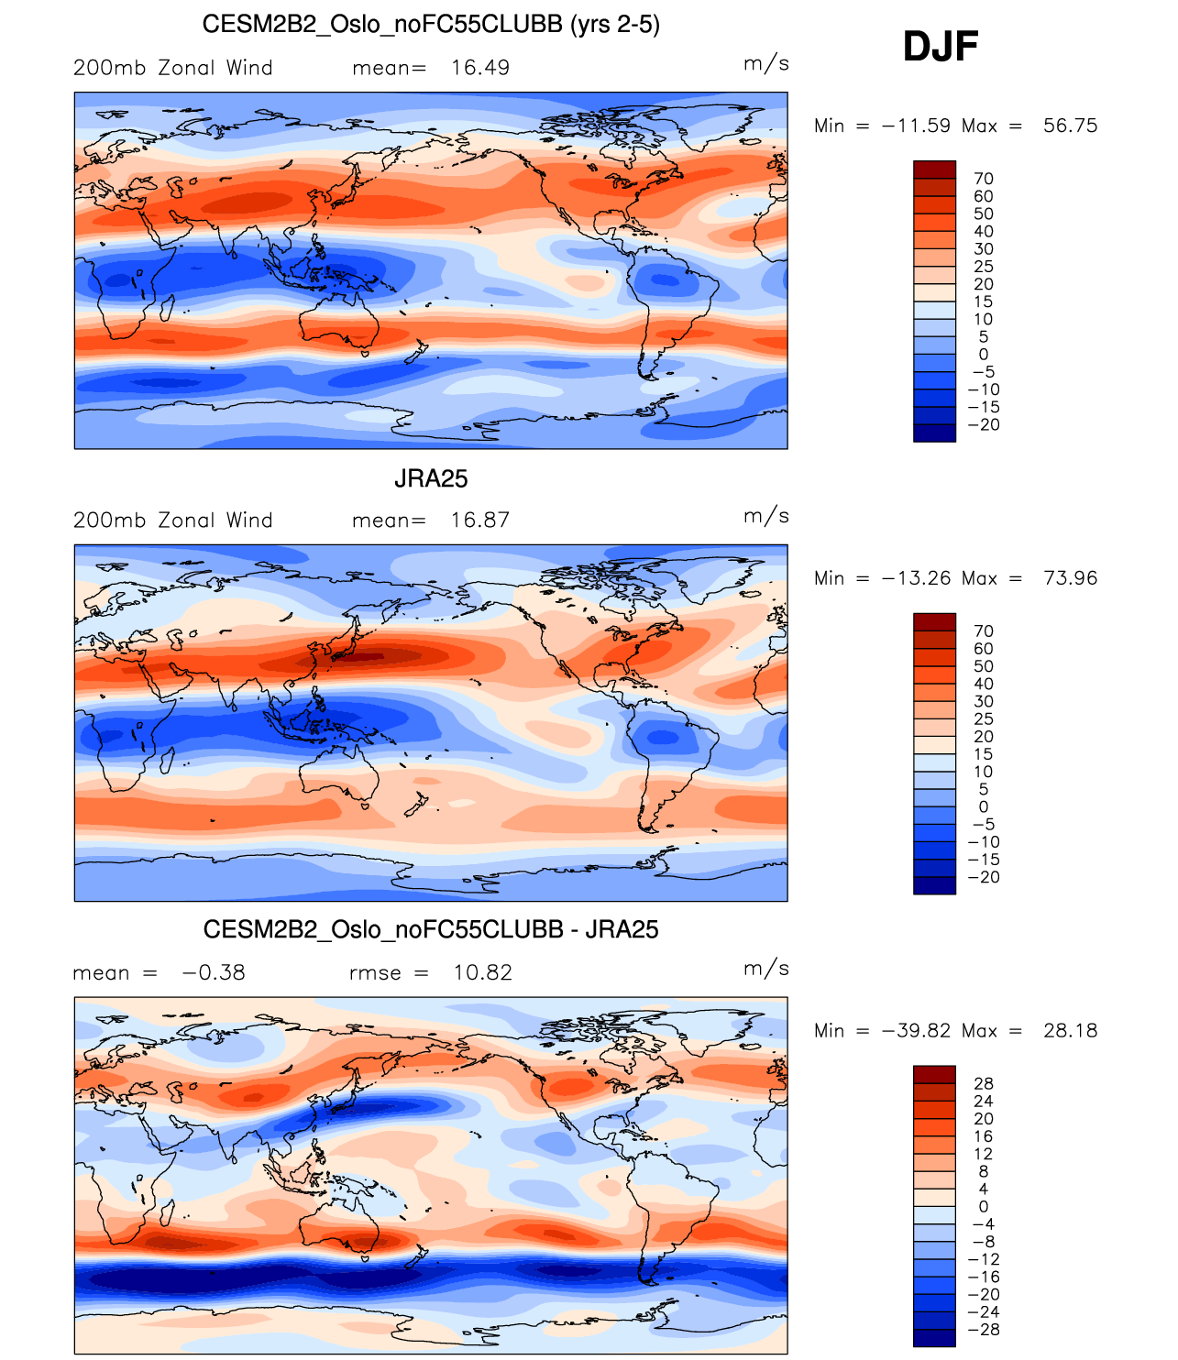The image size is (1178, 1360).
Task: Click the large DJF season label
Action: [941, 47]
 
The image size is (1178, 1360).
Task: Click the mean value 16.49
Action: [479, 68]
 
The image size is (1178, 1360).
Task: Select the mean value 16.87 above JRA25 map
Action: [479, 521]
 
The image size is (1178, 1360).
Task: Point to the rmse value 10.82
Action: [482, 973]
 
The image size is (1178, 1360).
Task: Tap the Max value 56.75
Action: [1070, 126]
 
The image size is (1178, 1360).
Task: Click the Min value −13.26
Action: [916, 578]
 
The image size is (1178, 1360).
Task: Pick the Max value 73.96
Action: [1070, 578]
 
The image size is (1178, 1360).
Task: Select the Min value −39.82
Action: [916, 1031]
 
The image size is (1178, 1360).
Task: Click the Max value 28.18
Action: [1070, 1031]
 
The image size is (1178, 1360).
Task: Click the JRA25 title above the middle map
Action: [431, 478]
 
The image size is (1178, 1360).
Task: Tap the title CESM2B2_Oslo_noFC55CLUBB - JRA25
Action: [431, 930]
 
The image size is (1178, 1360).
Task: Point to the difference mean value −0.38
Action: [214, 973]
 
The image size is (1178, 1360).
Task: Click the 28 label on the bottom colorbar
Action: [984, 1084]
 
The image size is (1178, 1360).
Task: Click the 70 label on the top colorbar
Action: [984, 179]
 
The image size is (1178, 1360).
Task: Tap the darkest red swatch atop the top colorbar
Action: [934, 170]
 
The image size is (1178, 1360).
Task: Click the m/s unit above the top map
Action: [765, 63]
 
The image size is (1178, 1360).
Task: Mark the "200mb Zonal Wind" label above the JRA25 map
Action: [173, 521]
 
